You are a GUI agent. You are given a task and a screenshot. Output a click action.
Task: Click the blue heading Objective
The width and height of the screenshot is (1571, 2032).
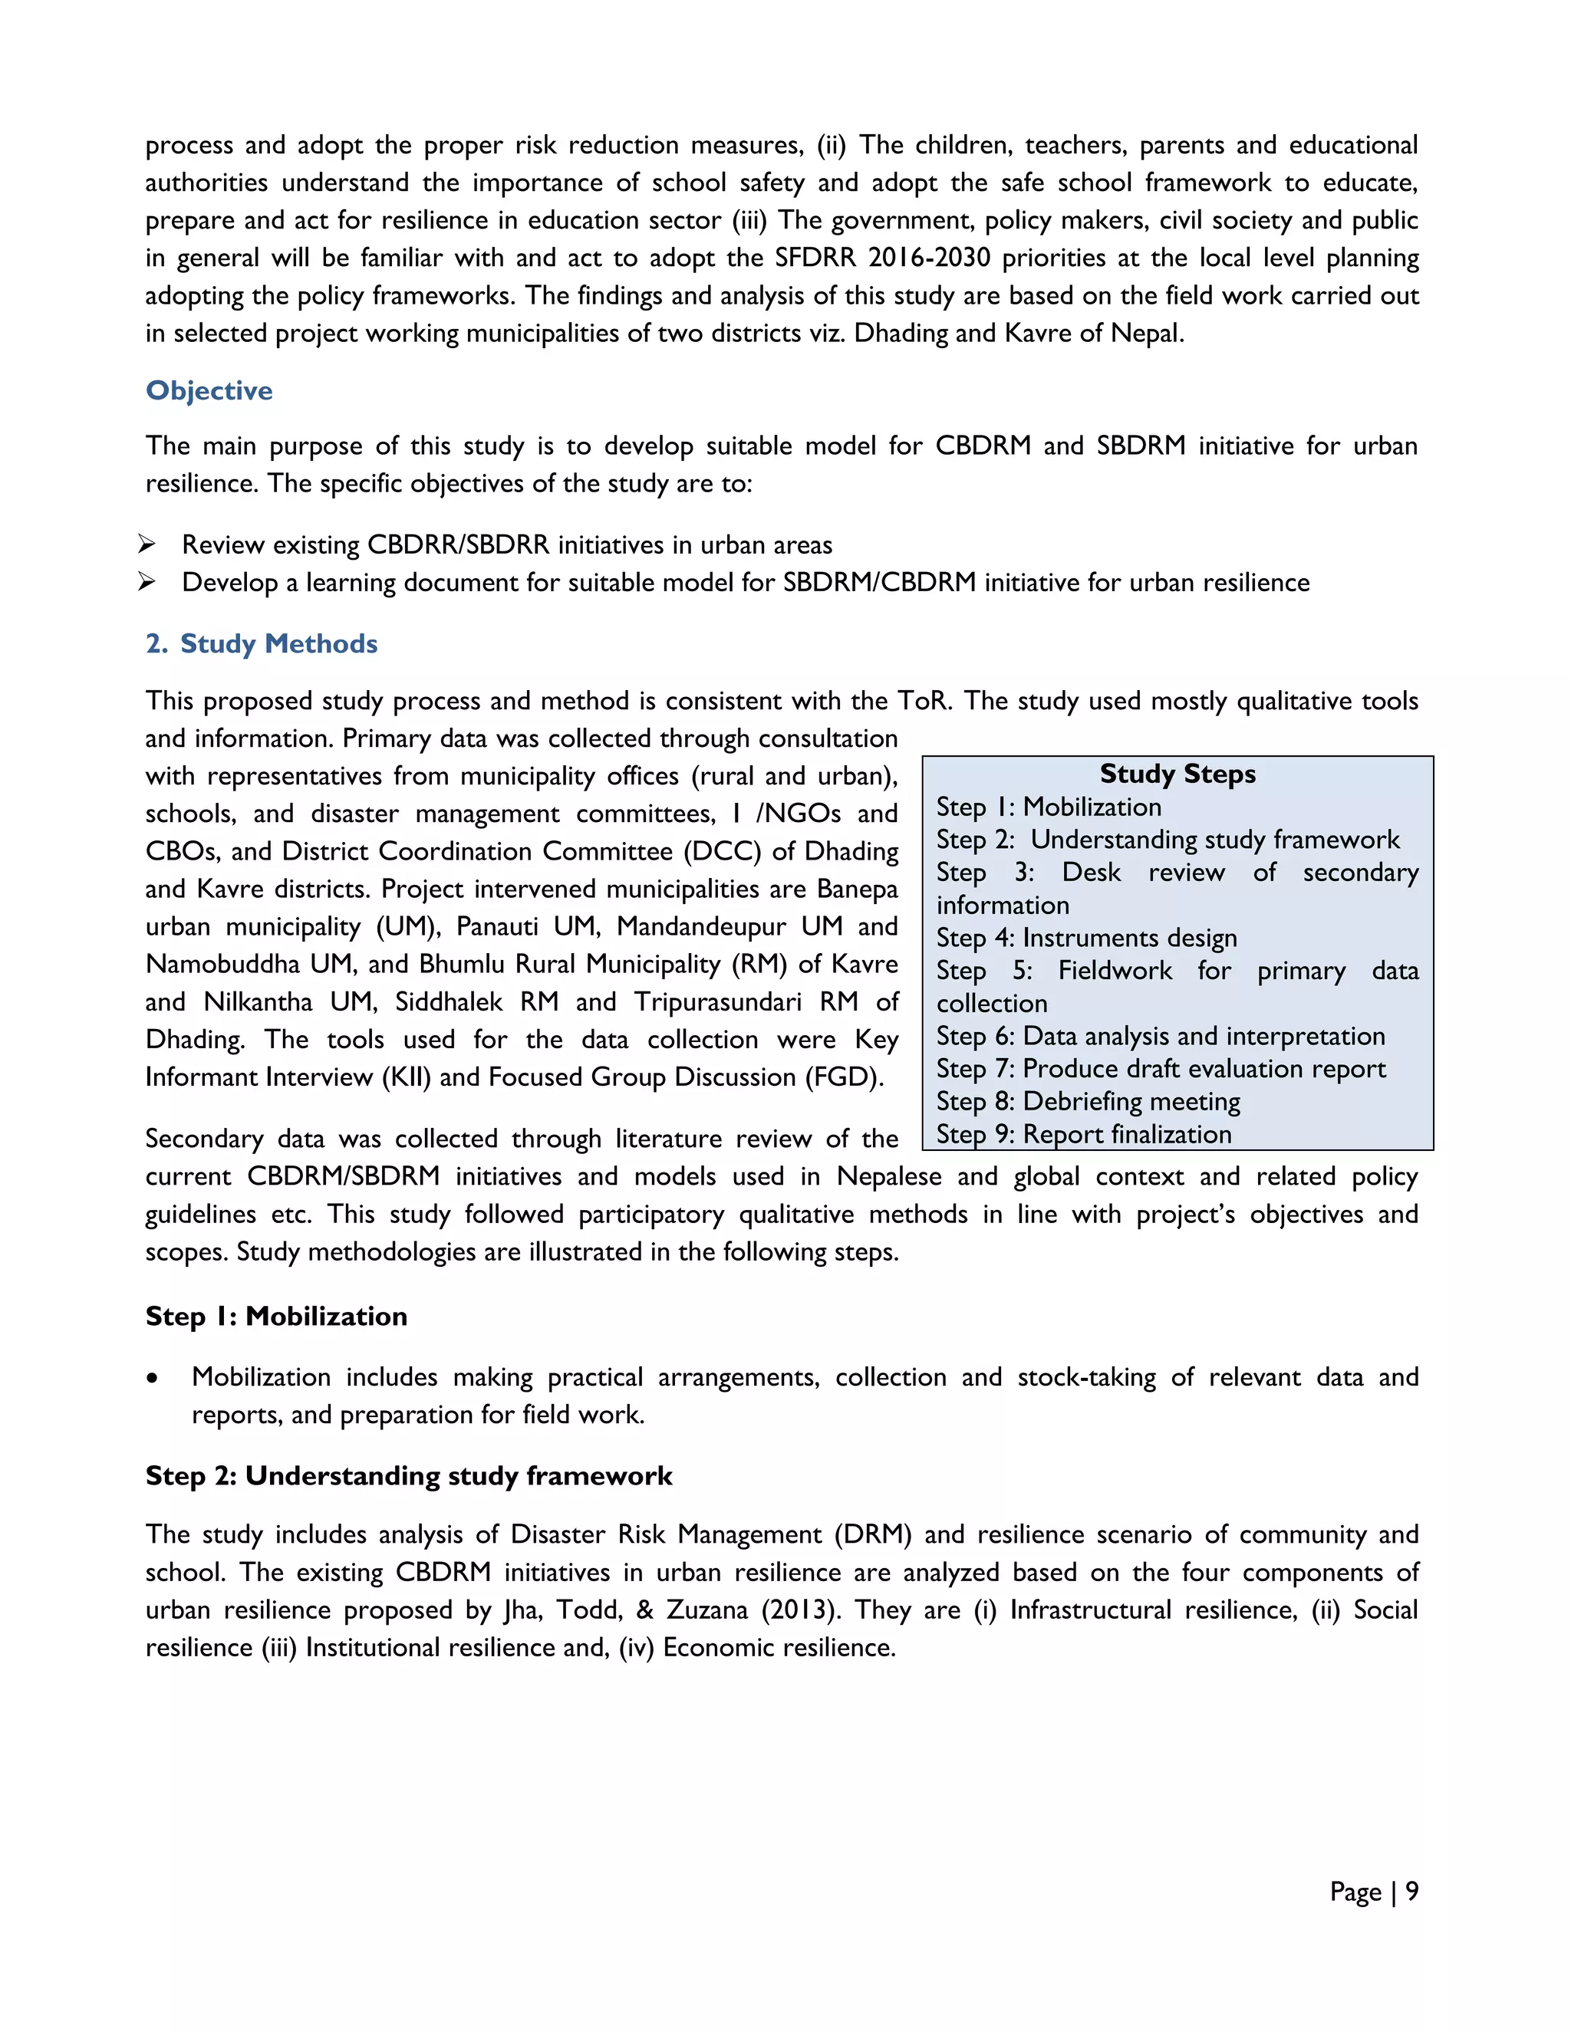209,391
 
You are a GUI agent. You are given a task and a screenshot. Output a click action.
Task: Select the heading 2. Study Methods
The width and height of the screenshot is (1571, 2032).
262,644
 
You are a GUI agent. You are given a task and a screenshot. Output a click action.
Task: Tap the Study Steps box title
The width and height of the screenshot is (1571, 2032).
1177,774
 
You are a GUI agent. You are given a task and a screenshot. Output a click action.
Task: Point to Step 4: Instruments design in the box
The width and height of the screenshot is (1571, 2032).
1086,938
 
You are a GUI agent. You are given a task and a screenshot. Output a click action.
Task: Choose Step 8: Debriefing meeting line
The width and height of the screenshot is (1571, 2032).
1088,1102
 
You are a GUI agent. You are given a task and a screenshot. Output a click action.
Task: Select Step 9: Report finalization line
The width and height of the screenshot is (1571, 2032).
1083,1134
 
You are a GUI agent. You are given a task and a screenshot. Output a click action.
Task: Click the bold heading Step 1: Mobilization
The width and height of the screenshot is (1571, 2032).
276,1317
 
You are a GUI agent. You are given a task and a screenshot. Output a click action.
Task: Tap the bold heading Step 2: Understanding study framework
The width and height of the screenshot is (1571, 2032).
409,1475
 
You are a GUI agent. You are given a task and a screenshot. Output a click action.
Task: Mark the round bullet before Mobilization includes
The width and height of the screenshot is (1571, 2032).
153,1379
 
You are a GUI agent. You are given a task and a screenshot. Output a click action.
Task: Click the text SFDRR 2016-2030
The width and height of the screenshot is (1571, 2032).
882,258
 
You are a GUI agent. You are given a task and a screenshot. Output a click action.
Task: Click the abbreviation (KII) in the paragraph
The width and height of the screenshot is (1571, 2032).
406,1077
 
